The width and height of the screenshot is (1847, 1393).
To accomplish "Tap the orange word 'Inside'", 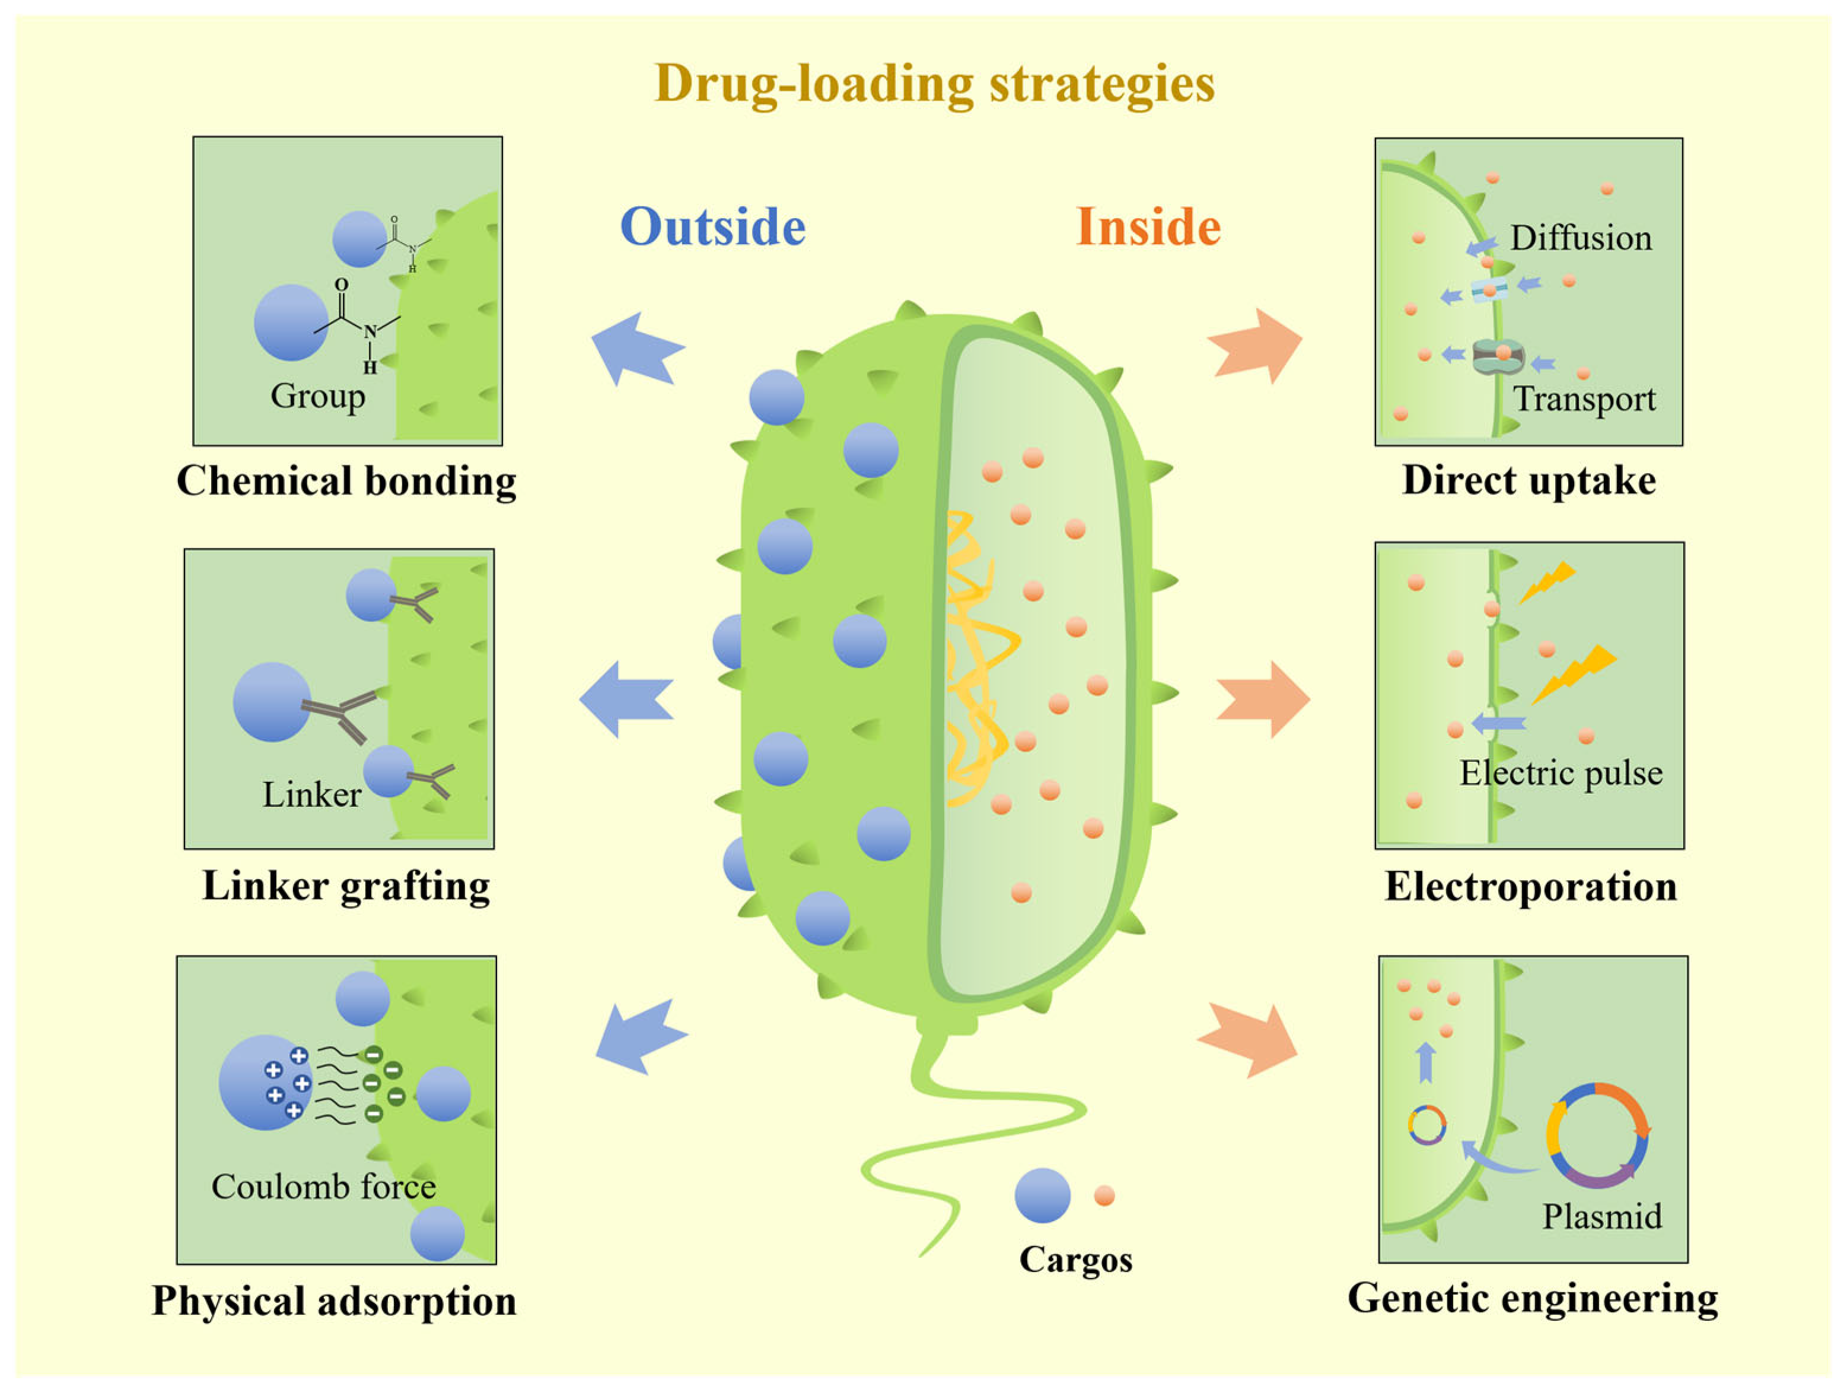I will [1148, 227].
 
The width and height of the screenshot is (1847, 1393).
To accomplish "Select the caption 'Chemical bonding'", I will [346, 481].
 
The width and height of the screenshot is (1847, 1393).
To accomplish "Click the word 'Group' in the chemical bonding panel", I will [317, 395].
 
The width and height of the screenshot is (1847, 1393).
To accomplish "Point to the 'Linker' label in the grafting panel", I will [311, 794].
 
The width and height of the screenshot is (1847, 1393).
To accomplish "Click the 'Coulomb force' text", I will [323, 1186].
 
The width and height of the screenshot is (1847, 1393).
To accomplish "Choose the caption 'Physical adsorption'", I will [334, 1301].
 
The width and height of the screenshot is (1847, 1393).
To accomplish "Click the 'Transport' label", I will [1584, 399].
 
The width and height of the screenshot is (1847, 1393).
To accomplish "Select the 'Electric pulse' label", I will [1561, 773].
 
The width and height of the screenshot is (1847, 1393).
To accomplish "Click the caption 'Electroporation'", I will [1530, 886].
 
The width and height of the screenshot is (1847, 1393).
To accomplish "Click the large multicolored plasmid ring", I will [1597, 1135].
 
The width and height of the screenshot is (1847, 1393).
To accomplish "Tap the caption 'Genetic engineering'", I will [1533, 1298].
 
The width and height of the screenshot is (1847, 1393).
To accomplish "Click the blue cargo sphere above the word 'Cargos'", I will [1042, 1195].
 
